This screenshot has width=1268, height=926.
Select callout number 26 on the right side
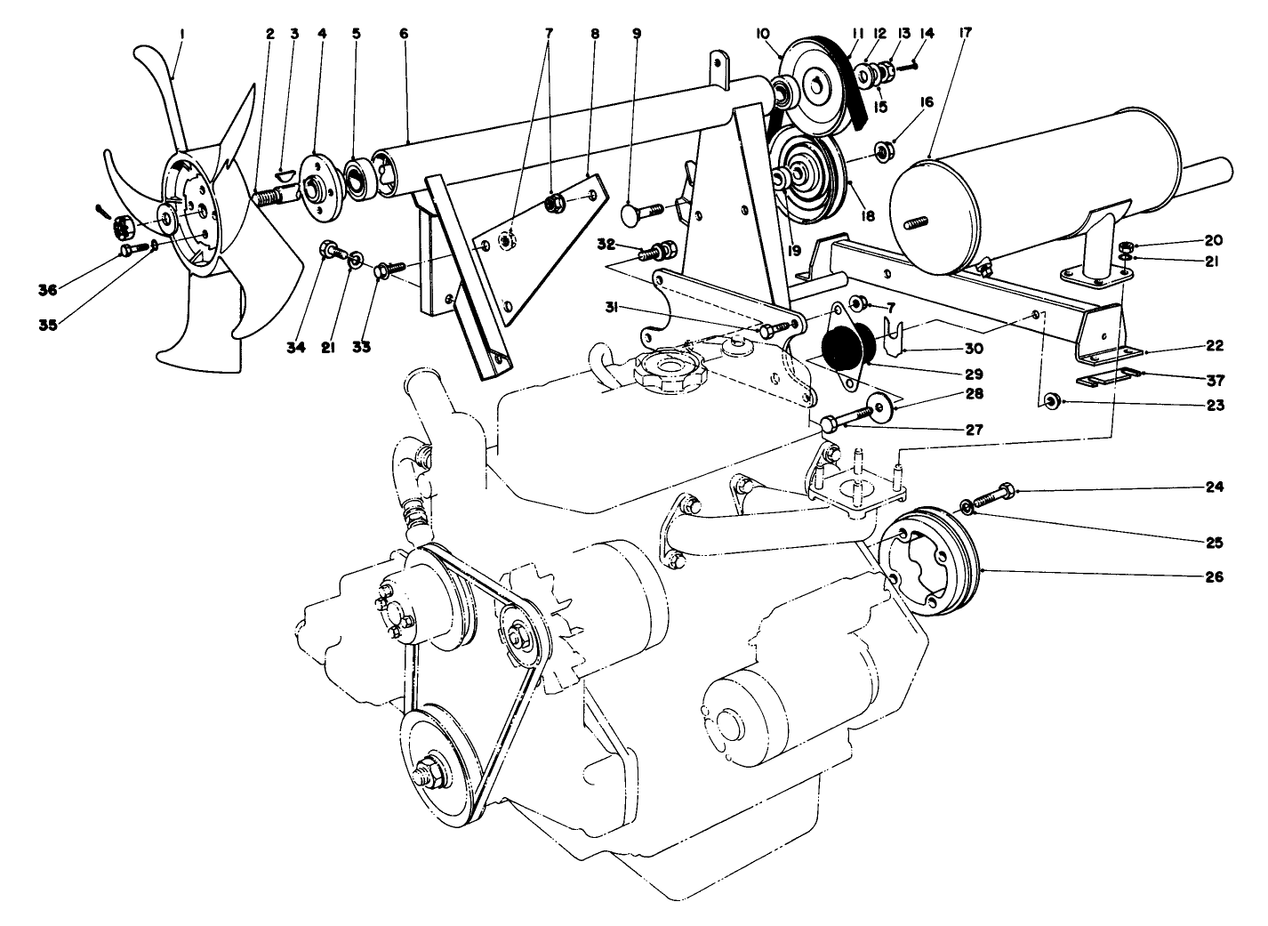(1215, 577)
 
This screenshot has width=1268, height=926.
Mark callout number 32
(630, 242)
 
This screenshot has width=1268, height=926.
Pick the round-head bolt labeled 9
(636, 214)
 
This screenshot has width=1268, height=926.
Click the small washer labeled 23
(1052, 403)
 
